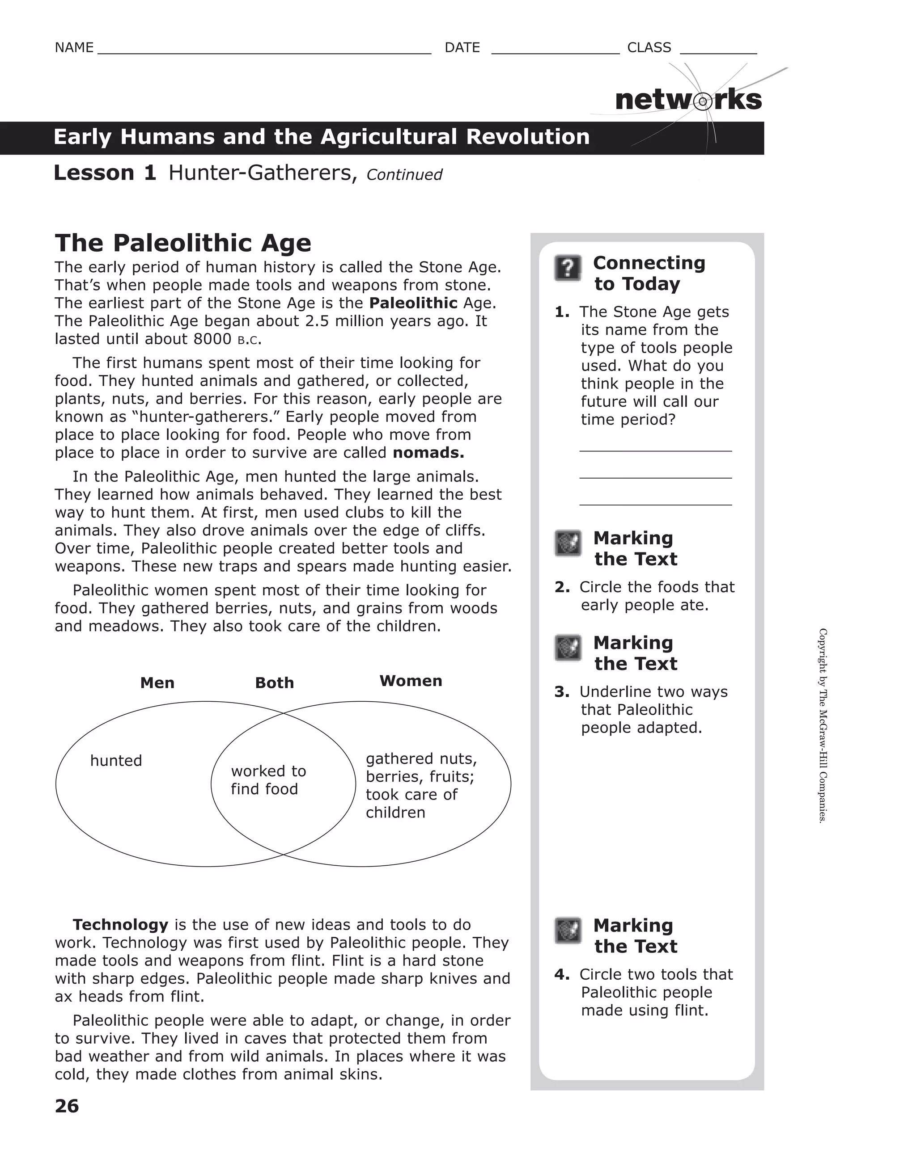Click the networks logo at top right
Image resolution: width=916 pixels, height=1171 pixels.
point(688,100)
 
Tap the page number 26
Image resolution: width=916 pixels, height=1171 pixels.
point(67,1106)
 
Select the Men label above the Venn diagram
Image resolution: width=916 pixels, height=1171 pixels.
point(157,682)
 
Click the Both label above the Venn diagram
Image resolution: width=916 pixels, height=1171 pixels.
point(274,682)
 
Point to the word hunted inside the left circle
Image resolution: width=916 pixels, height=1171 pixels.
point(116,760)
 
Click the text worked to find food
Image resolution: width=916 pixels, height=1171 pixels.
point(268,779)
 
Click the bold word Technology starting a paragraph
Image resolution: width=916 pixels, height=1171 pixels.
point(121,924)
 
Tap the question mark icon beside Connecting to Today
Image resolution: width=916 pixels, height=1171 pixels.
point(568,268)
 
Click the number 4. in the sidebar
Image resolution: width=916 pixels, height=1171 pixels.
point(562,974)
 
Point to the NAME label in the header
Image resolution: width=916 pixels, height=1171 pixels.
point(74,48)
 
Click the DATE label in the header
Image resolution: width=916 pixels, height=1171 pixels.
point(462,48)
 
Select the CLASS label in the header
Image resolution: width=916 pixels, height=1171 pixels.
point(649,48)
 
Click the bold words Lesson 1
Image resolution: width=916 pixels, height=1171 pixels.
point(105,173)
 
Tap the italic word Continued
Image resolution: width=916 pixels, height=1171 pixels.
point(404,175)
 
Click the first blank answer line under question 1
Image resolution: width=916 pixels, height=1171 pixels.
point(655,451)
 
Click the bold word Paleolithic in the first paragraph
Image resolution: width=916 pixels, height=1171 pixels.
point(413,303)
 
